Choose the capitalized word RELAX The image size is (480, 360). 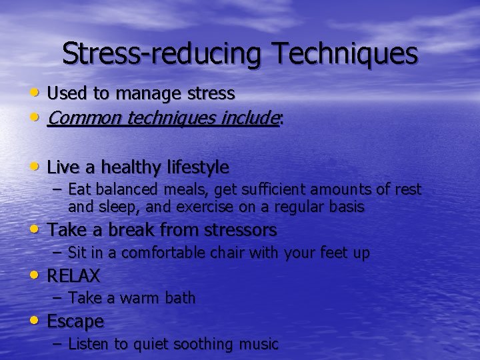point(73,276)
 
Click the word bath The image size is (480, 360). point(180,298)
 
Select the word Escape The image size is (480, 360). point(75,321)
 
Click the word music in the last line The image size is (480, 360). point(258,344)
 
